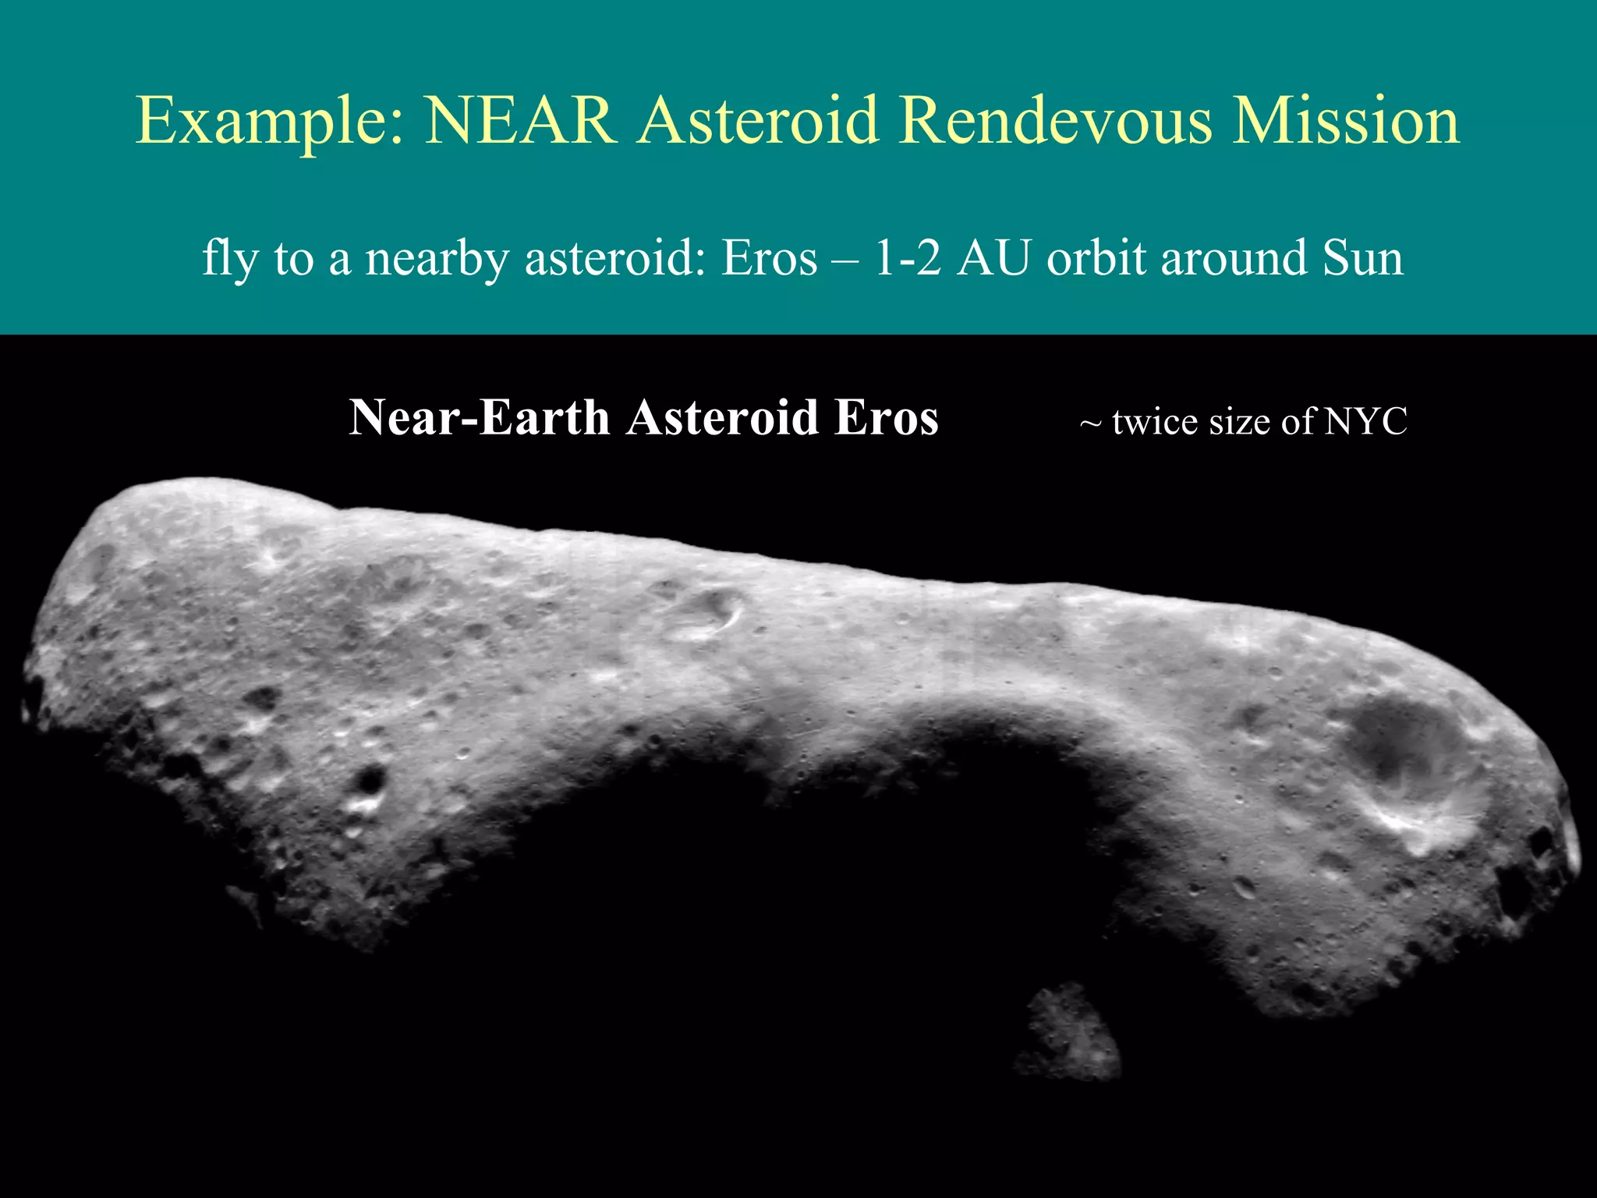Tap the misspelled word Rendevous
click(1056, 121)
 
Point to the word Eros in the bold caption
click(886, 418)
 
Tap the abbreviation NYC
click(1365, 422)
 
